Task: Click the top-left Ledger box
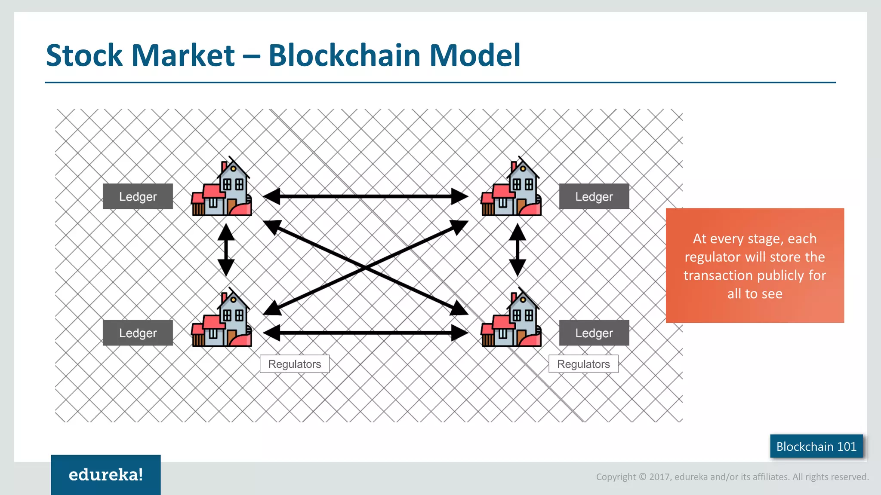click(138, 196)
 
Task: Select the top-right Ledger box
click(594, 196)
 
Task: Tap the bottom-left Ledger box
click(138, 333)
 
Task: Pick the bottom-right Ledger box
click(594, 333)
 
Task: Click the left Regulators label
click(295, 364)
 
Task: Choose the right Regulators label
click(583, 364)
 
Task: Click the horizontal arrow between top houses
click(366, 196)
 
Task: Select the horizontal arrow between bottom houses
click(366, 333)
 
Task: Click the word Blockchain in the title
click(344, 56)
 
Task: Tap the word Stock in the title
click(84, 56)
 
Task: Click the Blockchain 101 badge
click(816, 446)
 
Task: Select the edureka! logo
click(106, 475)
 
